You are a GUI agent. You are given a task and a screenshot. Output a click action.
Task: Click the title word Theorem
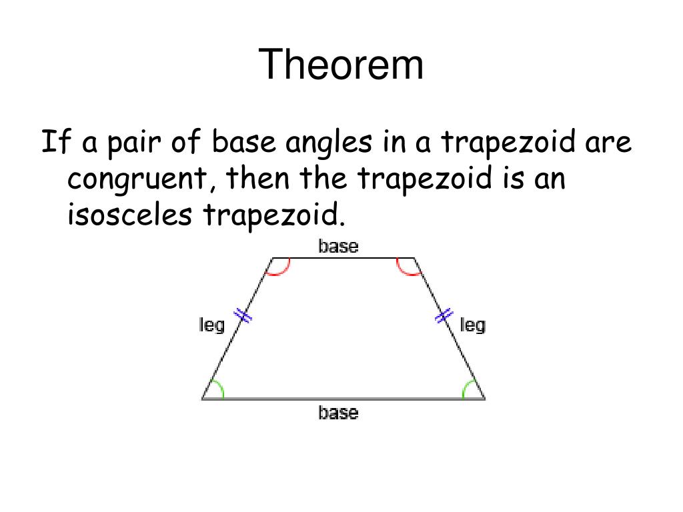coord(341,65)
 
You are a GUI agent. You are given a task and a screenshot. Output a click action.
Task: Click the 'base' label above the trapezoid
coord(338,247)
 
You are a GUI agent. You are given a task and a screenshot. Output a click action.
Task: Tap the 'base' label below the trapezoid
coord(338,413)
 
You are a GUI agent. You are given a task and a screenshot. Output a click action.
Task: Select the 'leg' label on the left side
coord(212,325)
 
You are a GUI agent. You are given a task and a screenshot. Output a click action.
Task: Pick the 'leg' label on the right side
coord(472,325)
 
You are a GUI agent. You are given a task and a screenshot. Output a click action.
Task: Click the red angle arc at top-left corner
coord(279,270)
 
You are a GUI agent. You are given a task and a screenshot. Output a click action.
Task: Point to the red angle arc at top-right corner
coord(407,270)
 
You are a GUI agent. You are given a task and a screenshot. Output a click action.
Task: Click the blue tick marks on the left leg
coord(243,315)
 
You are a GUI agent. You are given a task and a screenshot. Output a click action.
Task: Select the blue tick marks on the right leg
coord(444,315)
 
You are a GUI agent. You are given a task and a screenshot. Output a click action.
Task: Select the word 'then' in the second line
coord(258,179)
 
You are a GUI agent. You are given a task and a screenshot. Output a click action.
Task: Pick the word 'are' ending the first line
coord(608,143)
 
